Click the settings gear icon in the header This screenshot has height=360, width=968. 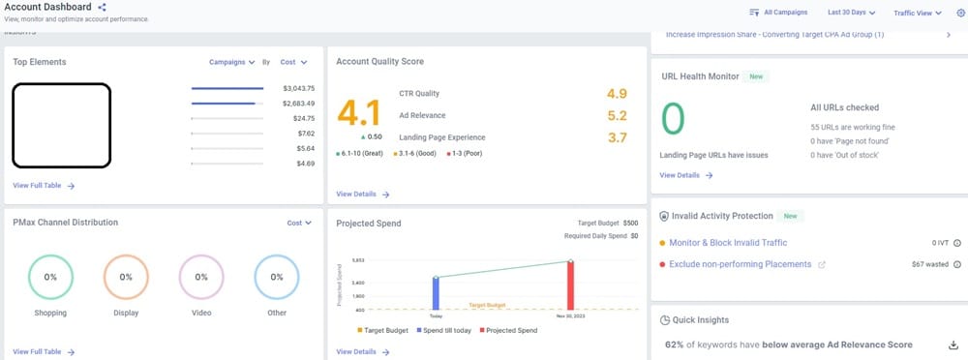960,13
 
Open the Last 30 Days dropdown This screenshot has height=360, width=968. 852,13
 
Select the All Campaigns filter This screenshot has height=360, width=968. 779,13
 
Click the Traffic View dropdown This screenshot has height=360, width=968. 918,13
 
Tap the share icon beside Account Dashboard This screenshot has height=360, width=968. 103,8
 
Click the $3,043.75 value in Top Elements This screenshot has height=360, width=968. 297,88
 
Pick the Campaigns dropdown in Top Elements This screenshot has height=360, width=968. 232,62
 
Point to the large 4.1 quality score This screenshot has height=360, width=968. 358,114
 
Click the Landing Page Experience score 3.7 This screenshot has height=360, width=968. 617,137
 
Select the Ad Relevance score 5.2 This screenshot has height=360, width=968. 617,115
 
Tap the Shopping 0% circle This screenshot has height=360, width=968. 50,277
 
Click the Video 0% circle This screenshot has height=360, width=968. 201,277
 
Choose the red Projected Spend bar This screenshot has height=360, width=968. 570,285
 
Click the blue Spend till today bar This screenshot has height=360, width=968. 436,293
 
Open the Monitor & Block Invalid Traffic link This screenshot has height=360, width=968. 728,243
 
